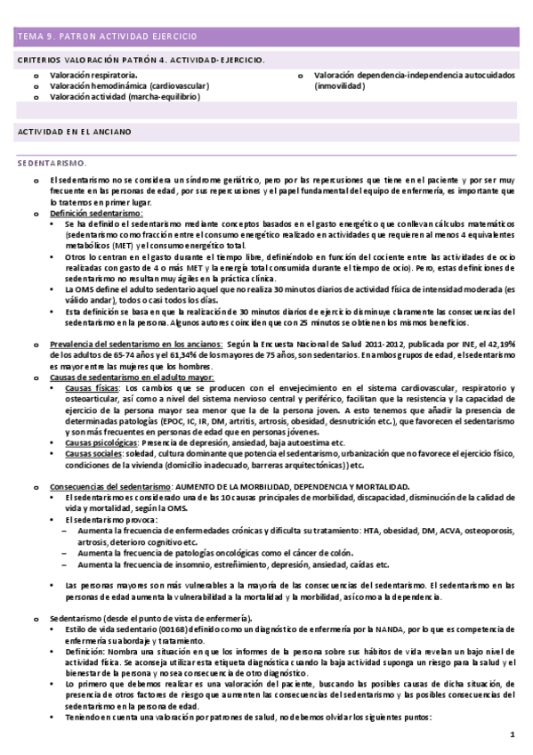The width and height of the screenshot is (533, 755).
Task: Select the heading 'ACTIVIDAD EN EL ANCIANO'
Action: pos(75,131)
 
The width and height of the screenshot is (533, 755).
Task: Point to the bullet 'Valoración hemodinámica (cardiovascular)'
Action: pos(129,85)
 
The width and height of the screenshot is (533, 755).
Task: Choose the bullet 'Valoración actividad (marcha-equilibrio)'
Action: pos(125,96)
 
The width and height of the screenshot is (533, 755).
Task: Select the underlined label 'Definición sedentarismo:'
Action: pos(96,215)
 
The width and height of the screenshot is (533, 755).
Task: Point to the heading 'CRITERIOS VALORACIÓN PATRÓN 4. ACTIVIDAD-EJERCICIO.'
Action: pos(141,59)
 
